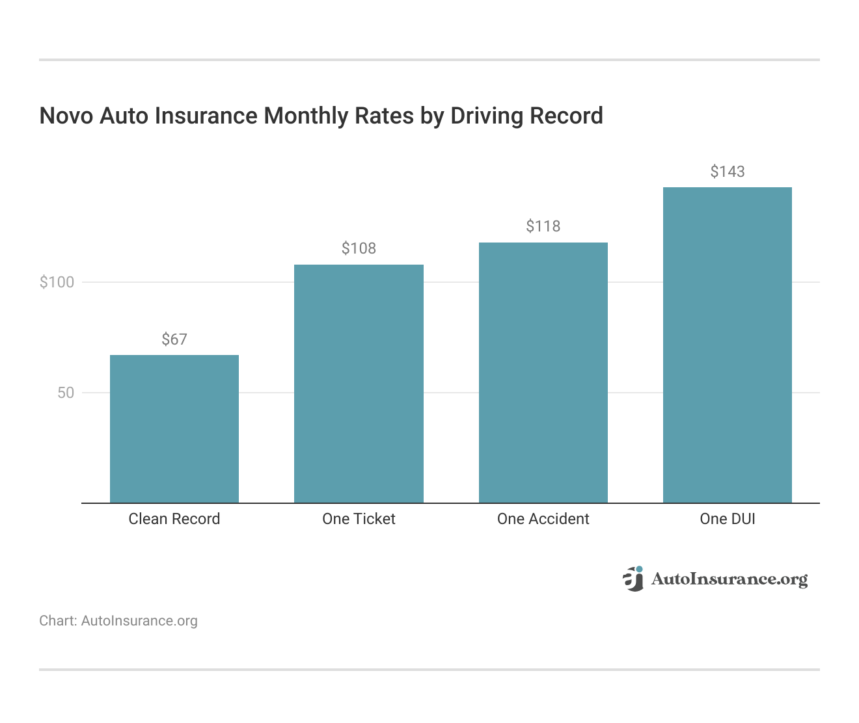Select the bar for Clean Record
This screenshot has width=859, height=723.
tap(174, 429)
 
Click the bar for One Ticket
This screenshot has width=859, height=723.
tap(359, 384)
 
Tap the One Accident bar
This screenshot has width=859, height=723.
tap(543, 373)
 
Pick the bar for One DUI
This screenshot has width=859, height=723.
tap(727, 345)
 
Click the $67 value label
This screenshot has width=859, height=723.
tap(174, 339)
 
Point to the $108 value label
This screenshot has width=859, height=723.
tap(359, 248)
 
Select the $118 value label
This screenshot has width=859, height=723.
tap(543, 226)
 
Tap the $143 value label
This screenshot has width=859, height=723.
tap(727, 172)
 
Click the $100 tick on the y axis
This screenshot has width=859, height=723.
tap(57, 282)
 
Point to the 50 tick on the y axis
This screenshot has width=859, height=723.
tap(66, 393)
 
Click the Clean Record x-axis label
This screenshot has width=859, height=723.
tap(174, 519)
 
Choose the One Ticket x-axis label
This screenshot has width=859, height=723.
tap(359, 519)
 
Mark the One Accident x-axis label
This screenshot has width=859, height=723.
tap(543, 519)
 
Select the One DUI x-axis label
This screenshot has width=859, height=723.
tap(727, 519)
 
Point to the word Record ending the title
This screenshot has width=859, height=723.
tap(566, 116)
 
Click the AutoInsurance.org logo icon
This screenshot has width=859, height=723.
tap(633, 579)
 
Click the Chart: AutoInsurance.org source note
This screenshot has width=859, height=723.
tap(118, 621)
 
